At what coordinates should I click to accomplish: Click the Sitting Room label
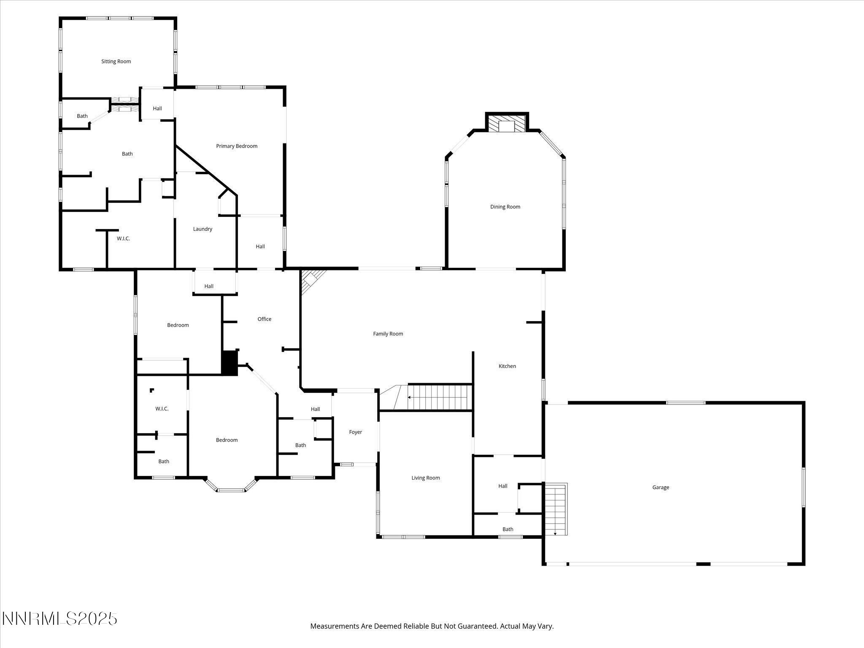[x=116, y=62]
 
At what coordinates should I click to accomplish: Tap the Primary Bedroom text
[x=237, y=146]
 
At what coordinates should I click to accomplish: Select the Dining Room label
[x=505, y=207]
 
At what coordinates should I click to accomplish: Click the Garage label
[x=661, y=487]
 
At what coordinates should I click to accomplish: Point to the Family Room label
[x=388, y=334]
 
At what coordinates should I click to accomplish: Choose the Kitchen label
[x=507, y=366]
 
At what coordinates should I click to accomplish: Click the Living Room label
[x=426, y=478]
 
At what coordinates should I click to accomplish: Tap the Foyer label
[x=356, y=432]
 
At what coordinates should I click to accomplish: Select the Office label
[x=265, y=319]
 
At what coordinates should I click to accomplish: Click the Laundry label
[x=202, y=229]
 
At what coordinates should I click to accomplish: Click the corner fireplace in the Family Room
[x=311, y=280]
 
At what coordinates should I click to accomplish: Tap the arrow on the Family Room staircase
[x=409, y=397]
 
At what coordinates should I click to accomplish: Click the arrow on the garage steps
[x=555, y=534]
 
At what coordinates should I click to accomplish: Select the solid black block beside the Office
[x=230, y=363]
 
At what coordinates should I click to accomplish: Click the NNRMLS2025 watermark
[x=59, y=619]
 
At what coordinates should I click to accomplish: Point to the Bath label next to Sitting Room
[x=82, y=116]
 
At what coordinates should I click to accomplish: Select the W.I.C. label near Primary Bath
[x=123, y=239]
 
